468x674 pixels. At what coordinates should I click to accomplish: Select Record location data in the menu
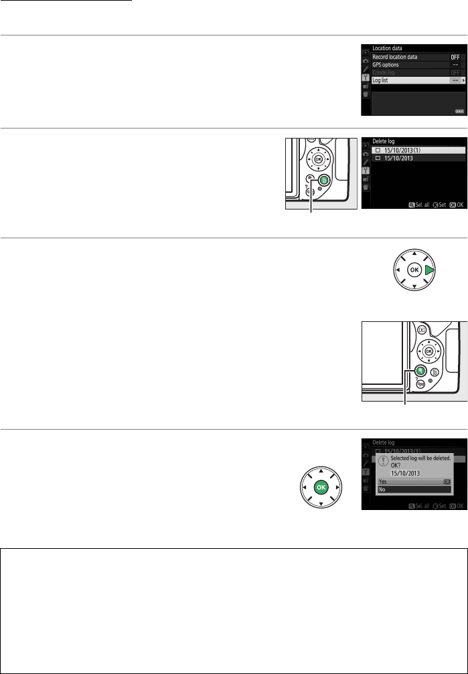coord(395,57)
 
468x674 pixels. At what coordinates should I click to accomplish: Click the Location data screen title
coord(380,49)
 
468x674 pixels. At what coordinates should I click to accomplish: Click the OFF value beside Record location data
coord(456,57)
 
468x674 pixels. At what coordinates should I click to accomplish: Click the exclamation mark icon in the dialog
coord(382,460)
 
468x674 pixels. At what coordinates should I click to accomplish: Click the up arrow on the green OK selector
coord(321,471)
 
